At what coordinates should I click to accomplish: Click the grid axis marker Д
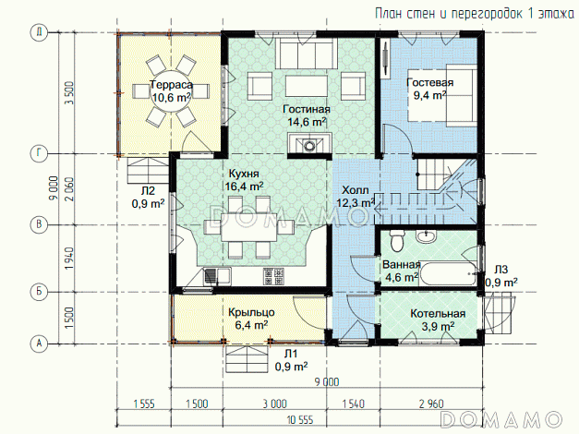tap(39, 32)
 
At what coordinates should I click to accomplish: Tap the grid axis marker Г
tap(39, 154)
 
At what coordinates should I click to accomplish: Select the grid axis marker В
tap(39, 224)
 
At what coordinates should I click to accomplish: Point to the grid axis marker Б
tap(39, 292)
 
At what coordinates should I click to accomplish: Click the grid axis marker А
tap(39, 344)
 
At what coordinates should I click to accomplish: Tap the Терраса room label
tap(172, 85)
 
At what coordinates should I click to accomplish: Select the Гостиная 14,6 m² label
tap(307, 115)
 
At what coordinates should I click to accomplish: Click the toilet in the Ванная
tap(397, 240)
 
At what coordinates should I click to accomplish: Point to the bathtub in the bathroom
tap(448, 273)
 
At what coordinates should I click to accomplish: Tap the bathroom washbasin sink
tap(427, 236)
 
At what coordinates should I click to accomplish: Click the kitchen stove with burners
tap(273, 276)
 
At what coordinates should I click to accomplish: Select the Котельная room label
tap(438, 314)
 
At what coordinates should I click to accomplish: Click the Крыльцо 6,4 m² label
tap(251, 319)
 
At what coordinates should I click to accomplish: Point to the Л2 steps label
tap(148, 191)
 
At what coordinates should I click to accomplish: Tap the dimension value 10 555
tap(300, 420)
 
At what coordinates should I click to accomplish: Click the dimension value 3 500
tap(69, 93)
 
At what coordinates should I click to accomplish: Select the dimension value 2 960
tap(431, 404)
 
